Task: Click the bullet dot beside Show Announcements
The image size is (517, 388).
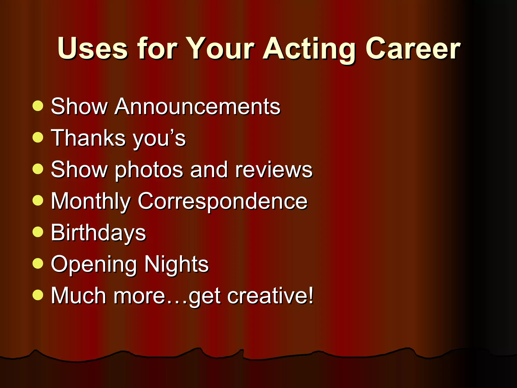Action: [38, 106]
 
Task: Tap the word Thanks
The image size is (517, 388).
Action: [88, 138]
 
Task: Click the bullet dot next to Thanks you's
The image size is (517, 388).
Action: [38, 137]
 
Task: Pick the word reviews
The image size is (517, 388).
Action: [274, 170]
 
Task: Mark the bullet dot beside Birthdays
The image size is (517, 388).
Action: [38, 232]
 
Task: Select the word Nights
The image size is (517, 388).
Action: [176, 264]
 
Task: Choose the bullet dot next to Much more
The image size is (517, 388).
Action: [38, 295]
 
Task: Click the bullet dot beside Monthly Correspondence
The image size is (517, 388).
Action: [38, 201]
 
